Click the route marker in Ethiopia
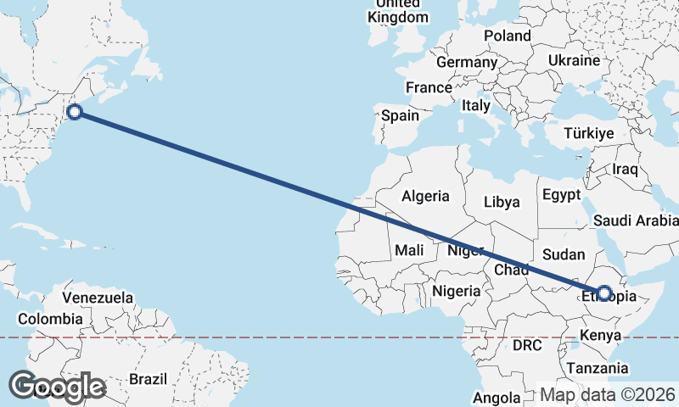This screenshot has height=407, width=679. click(604, 293)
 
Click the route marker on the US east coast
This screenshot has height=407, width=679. click(75, 111)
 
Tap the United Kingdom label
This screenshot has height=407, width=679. click(398, 11)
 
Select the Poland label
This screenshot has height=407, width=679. click(508, 36)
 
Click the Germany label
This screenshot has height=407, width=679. click(466, 63)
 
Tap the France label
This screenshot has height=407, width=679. click(429, 88)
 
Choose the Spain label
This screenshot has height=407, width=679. click(400, 115)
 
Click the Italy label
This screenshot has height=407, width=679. click(476, 106)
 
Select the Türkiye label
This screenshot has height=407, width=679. click(589, 134)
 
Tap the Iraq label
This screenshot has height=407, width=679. click(625, 170)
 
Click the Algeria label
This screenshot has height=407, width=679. click(425, 196)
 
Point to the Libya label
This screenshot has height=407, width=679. click(501, 203)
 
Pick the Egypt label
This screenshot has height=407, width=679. click(561, 195)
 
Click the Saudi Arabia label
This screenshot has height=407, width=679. click(636, 221)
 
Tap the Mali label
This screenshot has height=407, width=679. click(409, 251)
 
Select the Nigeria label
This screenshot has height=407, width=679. click(457, 291)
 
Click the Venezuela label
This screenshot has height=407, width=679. click(98, 298)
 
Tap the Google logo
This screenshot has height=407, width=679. click(58, 387)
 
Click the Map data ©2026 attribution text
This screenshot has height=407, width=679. click(608, 395)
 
